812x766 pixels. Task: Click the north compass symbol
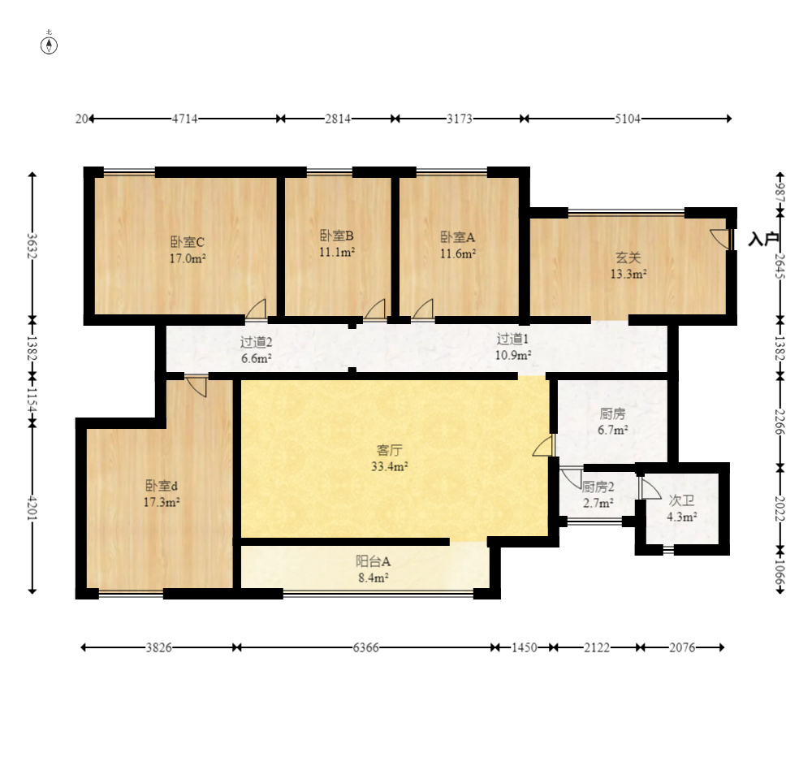[50, 45]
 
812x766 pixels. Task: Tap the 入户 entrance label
[764, 240]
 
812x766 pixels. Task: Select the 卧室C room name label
[188, 242]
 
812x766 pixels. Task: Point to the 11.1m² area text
[337, 253]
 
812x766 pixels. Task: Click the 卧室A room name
[458, 237]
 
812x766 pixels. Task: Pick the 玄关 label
[628, 257]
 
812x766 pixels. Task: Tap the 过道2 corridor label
[256, 342]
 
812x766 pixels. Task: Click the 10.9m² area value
[513, 355]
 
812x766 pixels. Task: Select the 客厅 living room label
[390, 450]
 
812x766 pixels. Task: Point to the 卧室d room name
[162, 486]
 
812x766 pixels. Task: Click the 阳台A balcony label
[373, 561]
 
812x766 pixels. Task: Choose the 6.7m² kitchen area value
[613, 430]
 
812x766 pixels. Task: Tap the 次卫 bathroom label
[681, 500]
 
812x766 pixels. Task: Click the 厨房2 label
[598, 487]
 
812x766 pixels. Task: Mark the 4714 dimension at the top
[185, 119]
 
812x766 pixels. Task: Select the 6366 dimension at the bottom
[366, 647]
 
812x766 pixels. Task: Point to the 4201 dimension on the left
[32, 509]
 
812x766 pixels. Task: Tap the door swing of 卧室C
[256, 309]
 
